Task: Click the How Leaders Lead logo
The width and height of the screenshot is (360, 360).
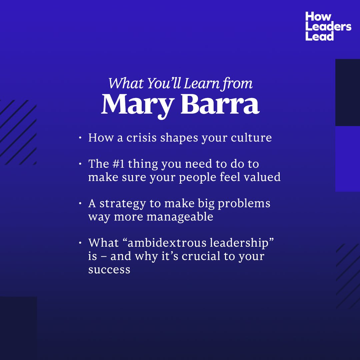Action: click(328, 26)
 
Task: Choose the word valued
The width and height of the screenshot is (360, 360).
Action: click(262, 177)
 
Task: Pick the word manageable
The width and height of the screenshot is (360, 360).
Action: click(180, 217)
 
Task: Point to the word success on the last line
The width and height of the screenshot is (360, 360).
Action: click(109, 269)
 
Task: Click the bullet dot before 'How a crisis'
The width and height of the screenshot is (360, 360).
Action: click(80, 138)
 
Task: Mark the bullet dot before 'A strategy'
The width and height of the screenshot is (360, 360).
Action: click(80, 203)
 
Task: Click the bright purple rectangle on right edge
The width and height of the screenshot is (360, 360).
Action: click(348, 159)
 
